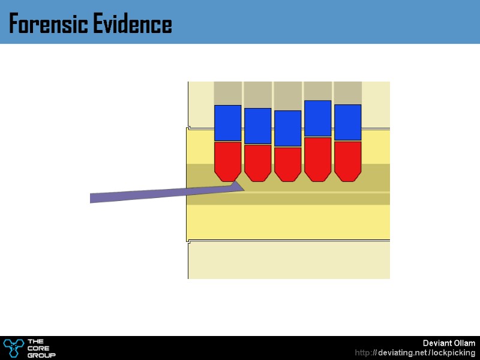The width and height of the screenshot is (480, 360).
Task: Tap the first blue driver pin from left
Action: coord(228,123)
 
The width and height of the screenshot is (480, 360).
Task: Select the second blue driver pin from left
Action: coord(258,126)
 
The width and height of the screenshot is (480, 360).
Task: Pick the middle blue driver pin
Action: coord(288,128)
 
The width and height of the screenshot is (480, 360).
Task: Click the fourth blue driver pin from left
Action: coord(318,119)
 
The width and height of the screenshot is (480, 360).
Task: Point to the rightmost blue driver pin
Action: coord(348,122)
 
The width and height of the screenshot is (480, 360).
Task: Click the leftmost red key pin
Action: coord(228,160)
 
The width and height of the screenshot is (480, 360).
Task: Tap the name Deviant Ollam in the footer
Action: coord(449,343)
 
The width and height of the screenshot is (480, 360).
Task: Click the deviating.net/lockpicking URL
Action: coord(415,353)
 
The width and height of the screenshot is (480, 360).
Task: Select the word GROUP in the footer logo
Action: coord(41,355)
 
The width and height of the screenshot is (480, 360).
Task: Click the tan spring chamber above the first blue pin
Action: coord(228,93)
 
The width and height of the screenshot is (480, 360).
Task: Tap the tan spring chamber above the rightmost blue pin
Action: coord(348,93)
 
